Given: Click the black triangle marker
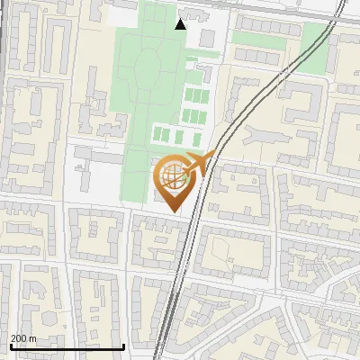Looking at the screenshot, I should click(x=181, y=23).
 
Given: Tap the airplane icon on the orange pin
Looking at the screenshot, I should click(x=198, y=163).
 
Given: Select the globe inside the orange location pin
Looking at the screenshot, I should click(x=172, y=175).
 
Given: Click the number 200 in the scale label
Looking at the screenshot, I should click(x=19, y=338).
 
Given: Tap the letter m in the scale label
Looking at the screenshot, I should click(x=33, y=338).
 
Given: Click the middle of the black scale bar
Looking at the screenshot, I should click(x=67, y=347).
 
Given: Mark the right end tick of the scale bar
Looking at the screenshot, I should click(x=123, y=346).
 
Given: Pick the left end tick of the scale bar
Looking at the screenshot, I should click(x=10, y=346).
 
